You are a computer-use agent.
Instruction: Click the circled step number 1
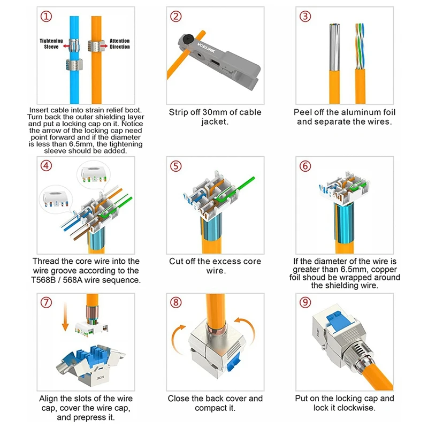coord(46,17)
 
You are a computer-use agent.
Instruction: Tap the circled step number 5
coord(176,166)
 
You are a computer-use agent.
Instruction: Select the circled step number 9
coord(305,302)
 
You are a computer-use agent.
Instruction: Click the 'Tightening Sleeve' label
coord(51,44)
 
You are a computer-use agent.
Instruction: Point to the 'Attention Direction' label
coord(119,44)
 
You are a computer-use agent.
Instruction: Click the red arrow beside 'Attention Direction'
coord(104,46)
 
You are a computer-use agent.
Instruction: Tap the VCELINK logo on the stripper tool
coord(206,48)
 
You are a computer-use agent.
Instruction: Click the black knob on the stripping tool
coord(188,37)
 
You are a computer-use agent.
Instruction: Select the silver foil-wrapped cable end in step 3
coord(334,47)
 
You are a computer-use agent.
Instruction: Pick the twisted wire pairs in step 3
coord(360,47)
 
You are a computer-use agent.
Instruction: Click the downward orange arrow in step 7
coord(65,316)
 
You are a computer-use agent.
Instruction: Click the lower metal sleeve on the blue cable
coord(74,65)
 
